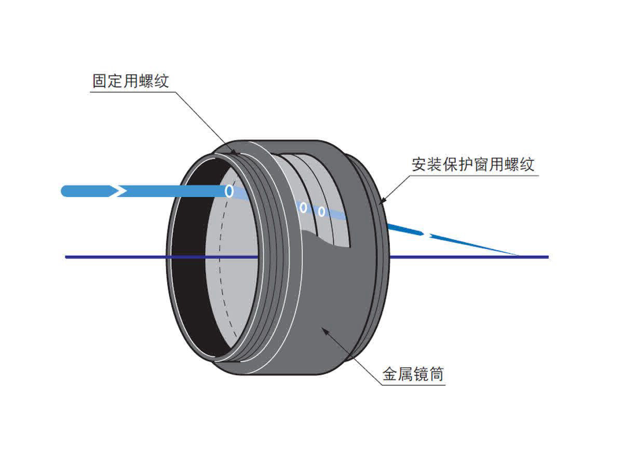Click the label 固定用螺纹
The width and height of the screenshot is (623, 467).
pos(131,81)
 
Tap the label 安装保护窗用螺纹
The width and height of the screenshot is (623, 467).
pos(472,164)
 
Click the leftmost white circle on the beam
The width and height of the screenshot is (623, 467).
pos(228,191)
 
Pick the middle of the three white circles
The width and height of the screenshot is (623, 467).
pos(303,208)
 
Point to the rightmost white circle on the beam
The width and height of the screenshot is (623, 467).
pos(321,212)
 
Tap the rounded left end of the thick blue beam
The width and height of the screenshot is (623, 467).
pos(65,191)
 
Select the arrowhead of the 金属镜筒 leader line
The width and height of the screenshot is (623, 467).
pos(325,328)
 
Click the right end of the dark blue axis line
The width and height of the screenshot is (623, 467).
pos(547,257)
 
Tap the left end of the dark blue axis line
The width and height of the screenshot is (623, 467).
pos(66,257)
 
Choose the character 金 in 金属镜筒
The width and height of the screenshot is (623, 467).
pos(390,374)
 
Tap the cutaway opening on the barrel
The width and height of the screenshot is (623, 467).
pos(317,197)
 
